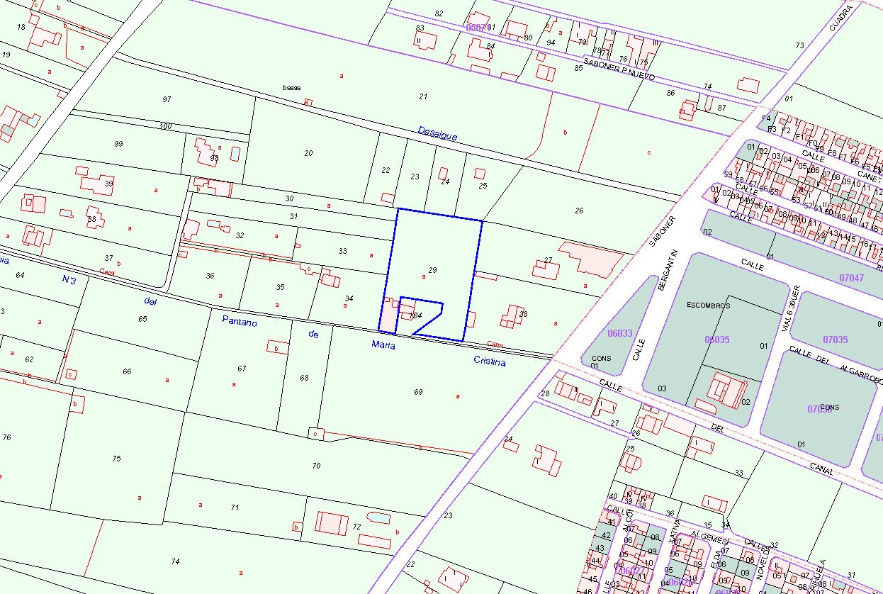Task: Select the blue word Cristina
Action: pyautogui.click(x=490, y=361)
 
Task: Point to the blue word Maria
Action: pyautogui.click(x=383, y=344)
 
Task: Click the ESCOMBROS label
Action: pyautogui.click(x=709, y=306)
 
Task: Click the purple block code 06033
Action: pyautogui.click(x=620, y=332)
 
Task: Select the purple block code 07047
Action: pyautogui.click(x=851, y=278)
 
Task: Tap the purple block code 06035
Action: pyautogui.click(x=717, y=340)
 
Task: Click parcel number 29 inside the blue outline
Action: pyautogui.click(x=432, y=270)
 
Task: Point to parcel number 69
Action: pyautogui.click(x=418, y=392)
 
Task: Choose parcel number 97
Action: pyautogui.click(x=167, y=99)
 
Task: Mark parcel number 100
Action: pyautogui.click(x=166, y=126)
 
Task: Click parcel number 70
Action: pyautogui.click(x=316, y=466)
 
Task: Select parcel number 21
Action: pyautogui.click(x=423, y=96)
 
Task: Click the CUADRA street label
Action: pyautogui.click(x=840, y=18)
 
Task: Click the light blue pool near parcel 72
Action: pyautogui.click(x=379, y=518)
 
